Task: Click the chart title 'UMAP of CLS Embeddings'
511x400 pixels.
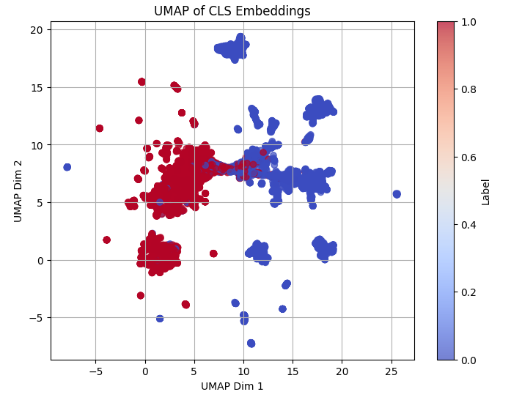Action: (232, 11)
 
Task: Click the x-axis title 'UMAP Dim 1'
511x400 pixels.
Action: (232, 386)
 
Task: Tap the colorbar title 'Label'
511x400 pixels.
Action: (485, 191)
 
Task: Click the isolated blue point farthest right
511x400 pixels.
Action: (397, 194)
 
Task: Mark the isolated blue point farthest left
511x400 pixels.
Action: (67, 167)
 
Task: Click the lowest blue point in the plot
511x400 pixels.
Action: (251, 343)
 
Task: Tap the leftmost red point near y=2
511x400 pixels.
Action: (106, 240)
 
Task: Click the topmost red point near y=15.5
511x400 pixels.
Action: (141, 82)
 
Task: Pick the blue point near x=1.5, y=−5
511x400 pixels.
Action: (160, 318)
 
